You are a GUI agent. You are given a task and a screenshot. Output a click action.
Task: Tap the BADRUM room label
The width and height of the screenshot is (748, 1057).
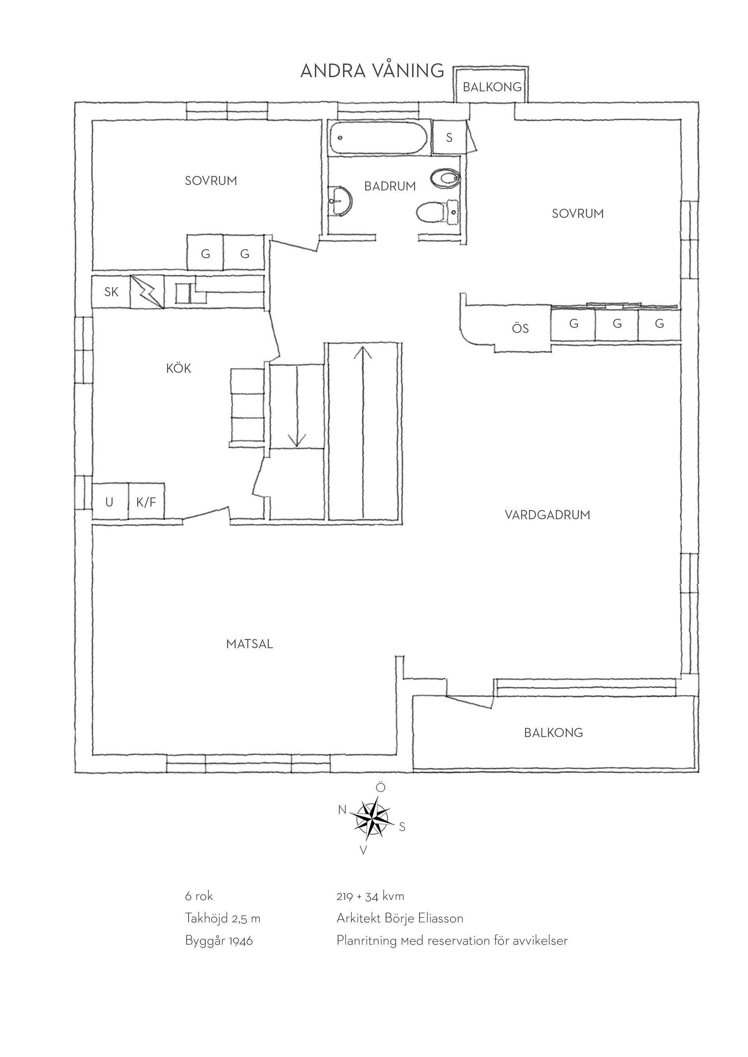click(390, 186)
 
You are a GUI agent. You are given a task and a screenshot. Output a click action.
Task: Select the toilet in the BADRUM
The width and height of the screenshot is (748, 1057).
click(438, 212)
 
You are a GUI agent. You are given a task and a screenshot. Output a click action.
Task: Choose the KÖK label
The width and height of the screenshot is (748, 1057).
click(179, 368)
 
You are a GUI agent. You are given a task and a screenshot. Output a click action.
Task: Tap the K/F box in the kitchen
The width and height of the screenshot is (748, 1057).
click(146, 502)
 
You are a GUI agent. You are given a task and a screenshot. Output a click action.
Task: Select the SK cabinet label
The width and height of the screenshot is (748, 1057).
click(111, 292)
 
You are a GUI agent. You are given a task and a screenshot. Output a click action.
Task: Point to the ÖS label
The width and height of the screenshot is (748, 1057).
click(520, 328)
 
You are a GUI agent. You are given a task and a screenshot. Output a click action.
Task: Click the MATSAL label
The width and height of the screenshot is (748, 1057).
click(250, 644)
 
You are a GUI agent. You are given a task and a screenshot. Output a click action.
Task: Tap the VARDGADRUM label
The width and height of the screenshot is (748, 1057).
click(547, 515)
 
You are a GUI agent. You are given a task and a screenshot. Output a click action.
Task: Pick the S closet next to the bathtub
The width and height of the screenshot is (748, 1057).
click(450, 137)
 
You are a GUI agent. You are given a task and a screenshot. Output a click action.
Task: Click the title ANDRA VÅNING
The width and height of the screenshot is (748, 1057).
click(372, 70)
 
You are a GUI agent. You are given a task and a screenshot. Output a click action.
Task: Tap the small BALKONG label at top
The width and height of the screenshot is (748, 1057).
click(492, 87)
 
